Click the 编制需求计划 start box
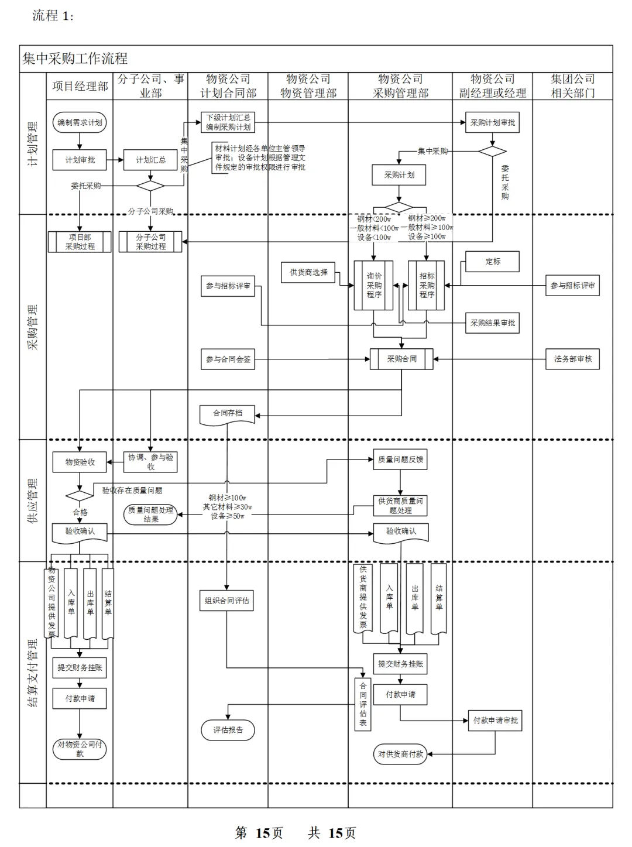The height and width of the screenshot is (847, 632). [80, 122]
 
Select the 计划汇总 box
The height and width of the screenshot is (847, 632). [150, 160]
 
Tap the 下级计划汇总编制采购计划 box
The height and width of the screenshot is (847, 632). [228, 122]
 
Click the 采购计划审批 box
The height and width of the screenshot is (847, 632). [493, 122]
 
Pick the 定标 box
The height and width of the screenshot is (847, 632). [493, 262]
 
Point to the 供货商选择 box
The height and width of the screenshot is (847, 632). [308, 272]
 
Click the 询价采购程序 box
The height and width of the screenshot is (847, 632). [374, 285]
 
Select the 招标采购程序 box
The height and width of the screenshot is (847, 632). [427, 285]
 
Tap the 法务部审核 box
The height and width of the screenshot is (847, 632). [572, 359]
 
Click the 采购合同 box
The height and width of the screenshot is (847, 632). [401, 359]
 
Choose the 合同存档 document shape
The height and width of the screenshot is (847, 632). [228, 414]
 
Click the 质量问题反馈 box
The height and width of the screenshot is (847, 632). [400, 459]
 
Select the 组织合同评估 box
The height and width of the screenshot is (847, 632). [227, 601]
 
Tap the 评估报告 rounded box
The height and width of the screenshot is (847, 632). [228, 730]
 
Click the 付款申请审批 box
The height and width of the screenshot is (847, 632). [495, 721]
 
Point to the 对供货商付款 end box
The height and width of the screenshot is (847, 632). [400, 754]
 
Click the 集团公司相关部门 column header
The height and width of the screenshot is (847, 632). [572, 86]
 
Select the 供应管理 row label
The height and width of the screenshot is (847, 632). [33, 500]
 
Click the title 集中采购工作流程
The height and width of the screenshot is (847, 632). [75, 59]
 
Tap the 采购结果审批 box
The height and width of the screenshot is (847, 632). [493, 323]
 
